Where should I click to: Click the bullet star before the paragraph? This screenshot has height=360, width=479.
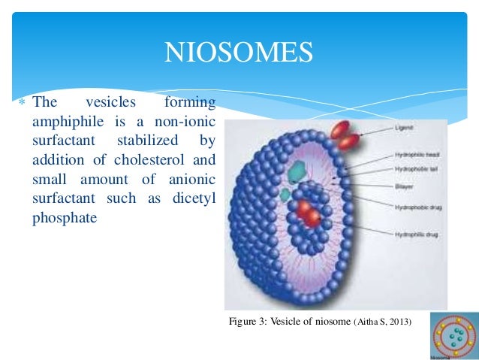[x=23, y=102]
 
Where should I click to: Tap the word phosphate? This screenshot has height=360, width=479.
[x=63, y=218]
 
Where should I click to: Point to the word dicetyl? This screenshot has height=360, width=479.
[x=193, y=198]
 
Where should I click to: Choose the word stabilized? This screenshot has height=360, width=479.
[x=149, y=140]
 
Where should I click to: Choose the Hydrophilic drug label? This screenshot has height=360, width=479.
[x=415, y=234]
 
